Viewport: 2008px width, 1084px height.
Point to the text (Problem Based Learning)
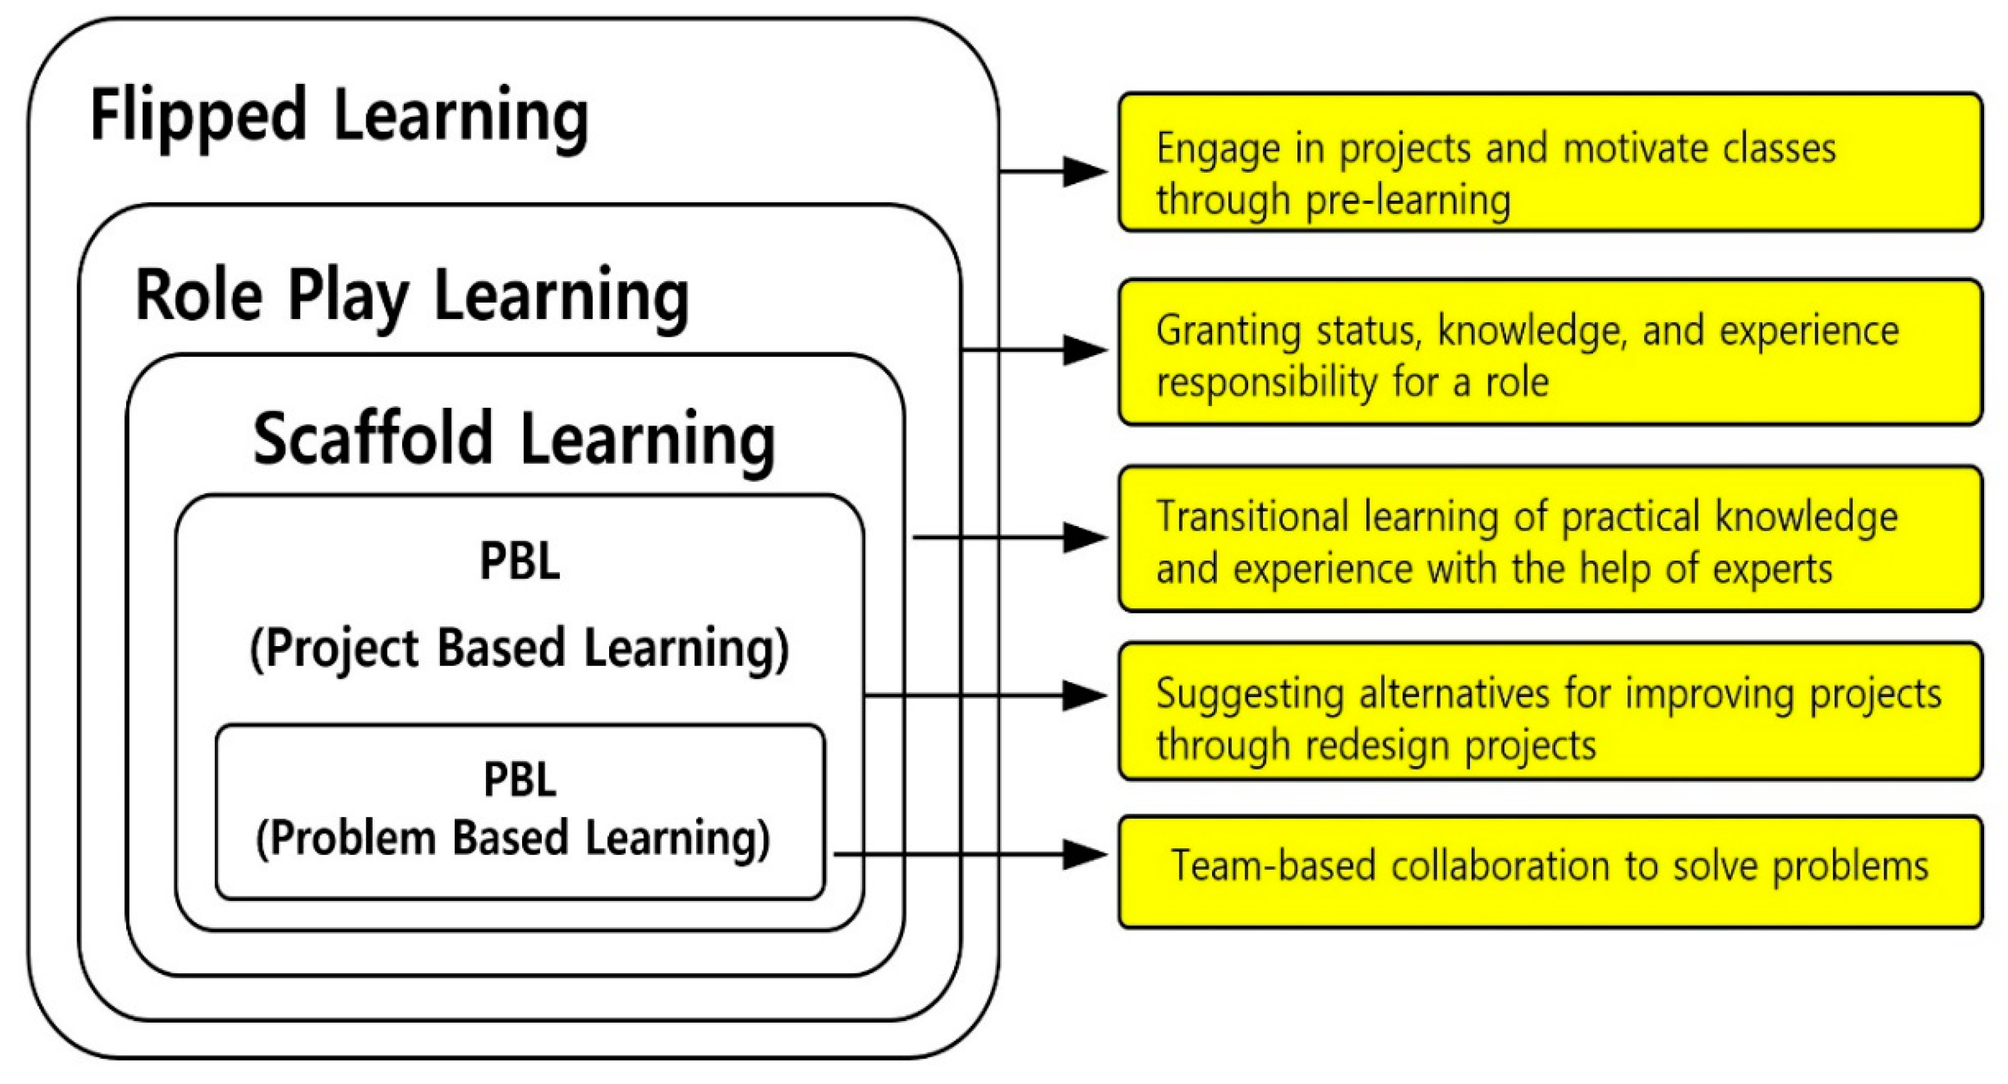(x=513, y=838)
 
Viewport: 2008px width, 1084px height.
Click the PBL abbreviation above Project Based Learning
(x=520, y=561)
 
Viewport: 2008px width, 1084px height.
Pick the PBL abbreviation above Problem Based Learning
(x=520, y=779)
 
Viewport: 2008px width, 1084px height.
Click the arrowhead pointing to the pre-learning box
(x=1085, y=171)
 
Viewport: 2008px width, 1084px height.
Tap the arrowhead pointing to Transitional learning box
(x=1085, y=537)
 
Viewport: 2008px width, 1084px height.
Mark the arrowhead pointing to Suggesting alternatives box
(x=1085, y=695)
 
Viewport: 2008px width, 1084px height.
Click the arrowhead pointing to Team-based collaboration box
(x=1085, y=854)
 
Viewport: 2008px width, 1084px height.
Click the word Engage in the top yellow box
(x=1218, y=149)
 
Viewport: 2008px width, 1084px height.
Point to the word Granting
(x=1228, y=332)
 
